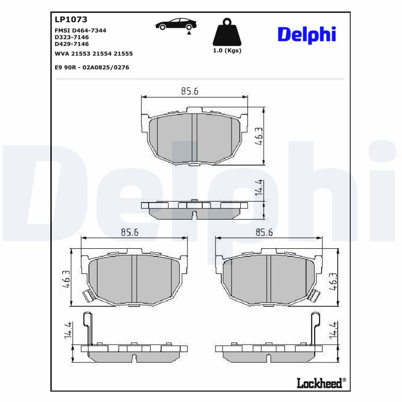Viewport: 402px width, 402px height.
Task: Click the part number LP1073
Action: tap(70, 20)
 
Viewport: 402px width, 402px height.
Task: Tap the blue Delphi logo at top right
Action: tap(307, 34)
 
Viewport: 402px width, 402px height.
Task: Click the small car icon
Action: tap(175, 24)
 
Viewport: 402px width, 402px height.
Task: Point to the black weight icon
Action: tap(227, 33)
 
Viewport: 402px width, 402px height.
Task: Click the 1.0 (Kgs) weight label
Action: tap(227, 51)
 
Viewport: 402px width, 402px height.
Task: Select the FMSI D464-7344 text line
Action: tap(80, 30)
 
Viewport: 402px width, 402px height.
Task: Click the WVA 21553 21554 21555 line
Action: tap(93, 53)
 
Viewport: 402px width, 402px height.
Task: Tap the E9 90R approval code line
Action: tap(91, 67)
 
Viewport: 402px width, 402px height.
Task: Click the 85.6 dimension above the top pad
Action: tap(190, 91)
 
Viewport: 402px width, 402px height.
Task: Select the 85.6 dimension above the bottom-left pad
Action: tap(130, 232)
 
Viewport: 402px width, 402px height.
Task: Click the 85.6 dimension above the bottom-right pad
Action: tap(264, 232)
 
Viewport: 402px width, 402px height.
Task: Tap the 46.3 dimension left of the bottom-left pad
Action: tap(66, 278)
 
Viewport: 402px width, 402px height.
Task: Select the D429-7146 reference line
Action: tap(71, 44)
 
